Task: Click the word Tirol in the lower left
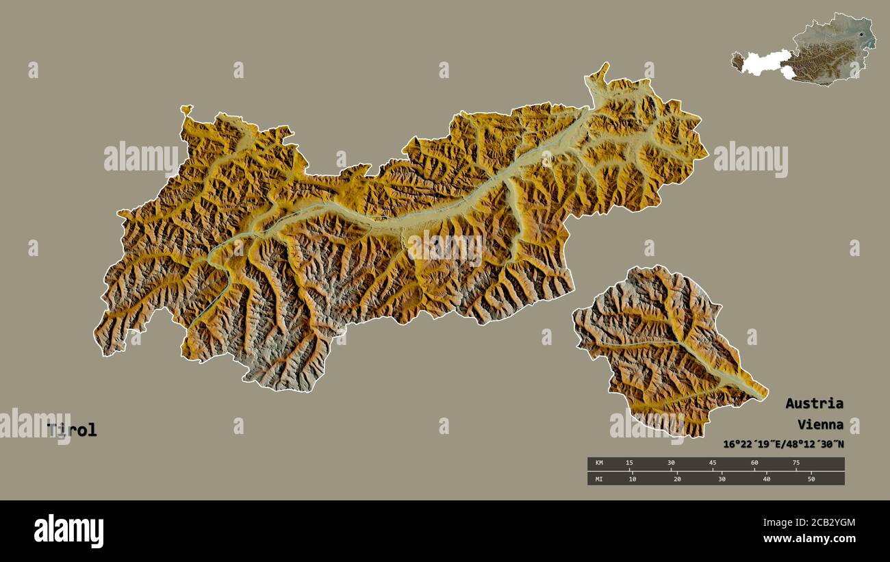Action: point(72,431)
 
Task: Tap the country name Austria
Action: point(814,403)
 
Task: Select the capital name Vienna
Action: point(819,424)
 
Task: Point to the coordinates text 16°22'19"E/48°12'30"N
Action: point(783,444)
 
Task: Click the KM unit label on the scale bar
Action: point(599,463)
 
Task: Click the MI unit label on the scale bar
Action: point(599,478)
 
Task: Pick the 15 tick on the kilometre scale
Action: point(629,463)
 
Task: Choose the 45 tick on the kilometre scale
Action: point(713,463)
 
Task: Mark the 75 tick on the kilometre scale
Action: point(796,463)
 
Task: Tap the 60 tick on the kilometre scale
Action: point(754,463)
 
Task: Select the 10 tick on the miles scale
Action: point(632,478)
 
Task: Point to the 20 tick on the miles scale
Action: point(677,478)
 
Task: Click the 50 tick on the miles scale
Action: point(811,478)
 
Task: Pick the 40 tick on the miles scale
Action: point(766,478)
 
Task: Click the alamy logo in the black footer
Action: point(68,531)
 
